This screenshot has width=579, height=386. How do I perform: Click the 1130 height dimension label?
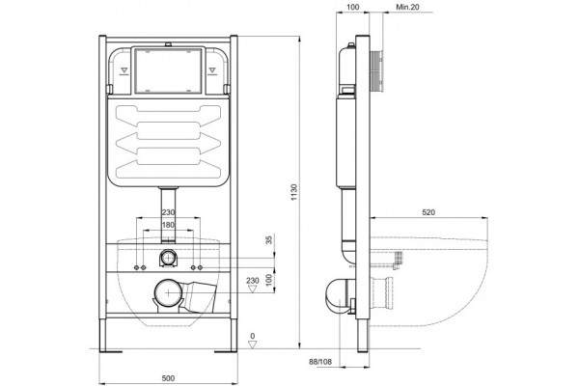click(x=294, y=192)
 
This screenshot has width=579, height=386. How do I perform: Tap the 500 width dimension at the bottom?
click(x=168, y=378)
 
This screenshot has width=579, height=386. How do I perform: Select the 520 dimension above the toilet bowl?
click(x=428, y=212)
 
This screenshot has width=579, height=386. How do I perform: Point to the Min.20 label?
click(x=407, y=7)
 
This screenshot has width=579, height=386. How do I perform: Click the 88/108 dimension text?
click(x=320, y=362)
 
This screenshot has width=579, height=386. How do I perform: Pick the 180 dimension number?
click(x=168, y=225)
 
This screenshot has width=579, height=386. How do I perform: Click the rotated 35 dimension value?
click(x=269, y=239)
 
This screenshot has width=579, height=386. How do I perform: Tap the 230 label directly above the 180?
click(x=168, y=212)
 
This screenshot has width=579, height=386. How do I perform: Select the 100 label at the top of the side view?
click(x=353, y=7)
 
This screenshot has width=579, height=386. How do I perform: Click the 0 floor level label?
click(x=253, y=336)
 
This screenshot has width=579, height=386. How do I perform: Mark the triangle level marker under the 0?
click(x=253, y=345)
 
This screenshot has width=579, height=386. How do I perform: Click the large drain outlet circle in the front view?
click(x=168, y=293)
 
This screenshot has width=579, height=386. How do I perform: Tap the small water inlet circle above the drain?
click(x=168, y=257)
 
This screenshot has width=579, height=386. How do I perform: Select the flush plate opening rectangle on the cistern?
click(x=168, y=70)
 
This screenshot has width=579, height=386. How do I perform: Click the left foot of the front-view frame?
click(x=110, y=351)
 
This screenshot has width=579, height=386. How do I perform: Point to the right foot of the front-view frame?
click(x=227, y=351)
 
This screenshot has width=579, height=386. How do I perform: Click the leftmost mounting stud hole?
click(x=137, y=267)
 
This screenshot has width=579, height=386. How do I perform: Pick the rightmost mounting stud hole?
click(x=200, y=267)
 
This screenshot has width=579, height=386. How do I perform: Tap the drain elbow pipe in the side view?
click(x=339, y=294)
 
